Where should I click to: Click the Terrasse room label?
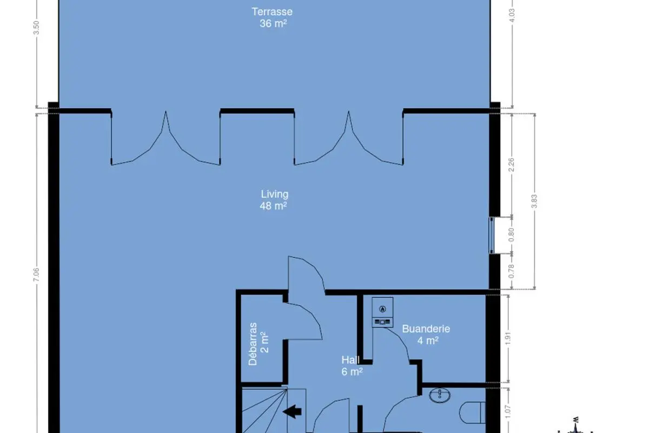272,17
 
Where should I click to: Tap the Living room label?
274,200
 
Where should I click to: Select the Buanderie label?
426,334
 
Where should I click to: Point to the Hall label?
352,366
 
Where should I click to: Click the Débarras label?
258,344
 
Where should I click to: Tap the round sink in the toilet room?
440,395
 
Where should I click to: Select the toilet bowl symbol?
472,412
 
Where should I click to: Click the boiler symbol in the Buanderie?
382,312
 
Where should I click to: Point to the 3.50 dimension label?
36,28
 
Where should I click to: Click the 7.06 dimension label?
36,274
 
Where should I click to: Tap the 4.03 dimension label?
512,15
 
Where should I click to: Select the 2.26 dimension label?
512,165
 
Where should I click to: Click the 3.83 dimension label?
534,201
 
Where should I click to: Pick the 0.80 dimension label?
512,235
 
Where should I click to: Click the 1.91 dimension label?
508,338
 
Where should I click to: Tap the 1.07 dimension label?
508,412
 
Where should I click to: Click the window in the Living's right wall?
492,235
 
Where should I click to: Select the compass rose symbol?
575,427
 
